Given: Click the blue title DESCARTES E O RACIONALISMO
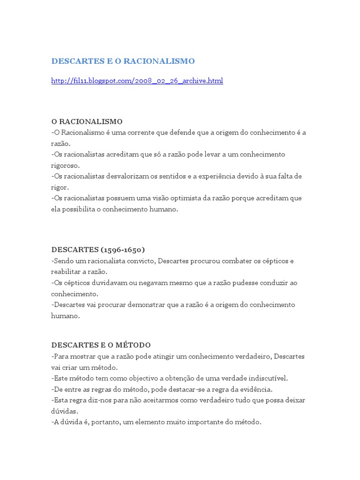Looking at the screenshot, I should pos(123,61).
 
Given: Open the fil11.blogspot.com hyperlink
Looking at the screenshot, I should pos(137,81).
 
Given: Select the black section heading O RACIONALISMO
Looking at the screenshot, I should pos(87,122).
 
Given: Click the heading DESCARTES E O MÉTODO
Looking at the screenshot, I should pos(101,345).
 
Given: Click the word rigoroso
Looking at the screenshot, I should pos(66,165).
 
